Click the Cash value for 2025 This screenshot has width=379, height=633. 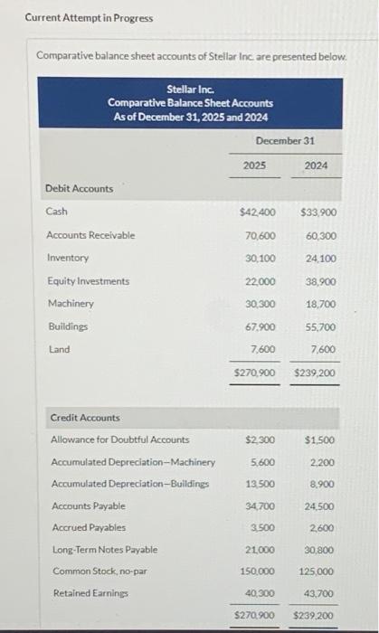(x=258, y=213)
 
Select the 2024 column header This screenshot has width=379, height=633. (x=317, y=165)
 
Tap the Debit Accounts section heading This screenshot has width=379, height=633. (x=80, y=188)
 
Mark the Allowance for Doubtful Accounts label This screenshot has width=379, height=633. (x=120, y=439)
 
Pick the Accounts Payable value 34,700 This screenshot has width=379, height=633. (x=261, y=505)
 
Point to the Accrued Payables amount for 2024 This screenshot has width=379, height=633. (x=319, y=527)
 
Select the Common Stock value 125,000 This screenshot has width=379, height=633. (x=316, y=572)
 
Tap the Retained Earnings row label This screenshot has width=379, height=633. (x=90, y=593)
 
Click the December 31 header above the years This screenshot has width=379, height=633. (x=286, y=141)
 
